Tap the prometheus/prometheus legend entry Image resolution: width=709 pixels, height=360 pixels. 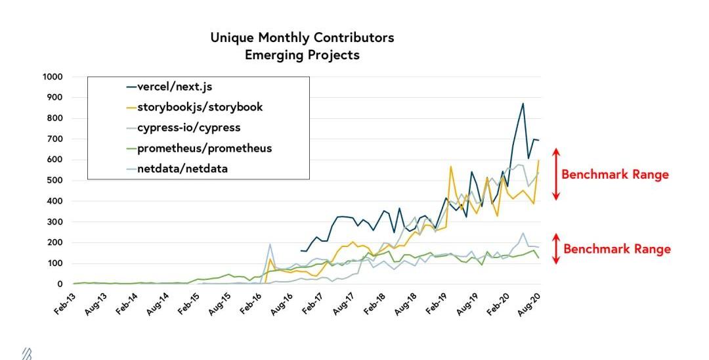click(204, 148)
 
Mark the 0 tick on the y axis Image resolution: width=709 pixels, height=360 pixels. click(59, 284)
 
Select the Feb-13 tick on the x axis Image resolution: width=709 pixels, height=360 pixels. click(66, 305)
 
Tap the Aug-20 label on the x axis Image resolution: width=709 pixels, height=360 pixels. click(531, 305)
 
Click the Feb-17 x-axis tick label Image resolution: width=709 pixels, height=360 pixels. click(314, 305)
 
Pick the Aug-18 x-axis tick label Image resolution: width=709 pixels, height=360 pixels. click(407, 305)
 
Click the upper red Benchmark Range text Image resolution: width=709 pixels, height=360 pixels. click(615, 175)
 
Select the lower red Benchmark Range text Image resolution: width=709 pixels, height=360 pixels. click(617, 249)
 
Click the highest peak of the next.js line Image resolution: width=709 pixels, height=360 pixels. click(523, 103)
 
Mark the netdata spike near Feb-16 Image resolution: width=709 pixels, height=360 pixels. click(270, 244)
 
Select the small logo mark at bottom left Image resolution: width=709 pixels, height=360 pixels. click(27, 354)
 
